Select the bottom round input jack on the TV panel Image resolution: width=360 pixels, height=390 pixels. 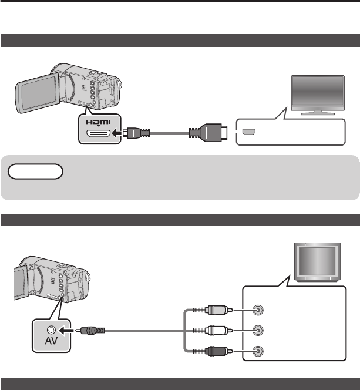coord(256,351)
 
